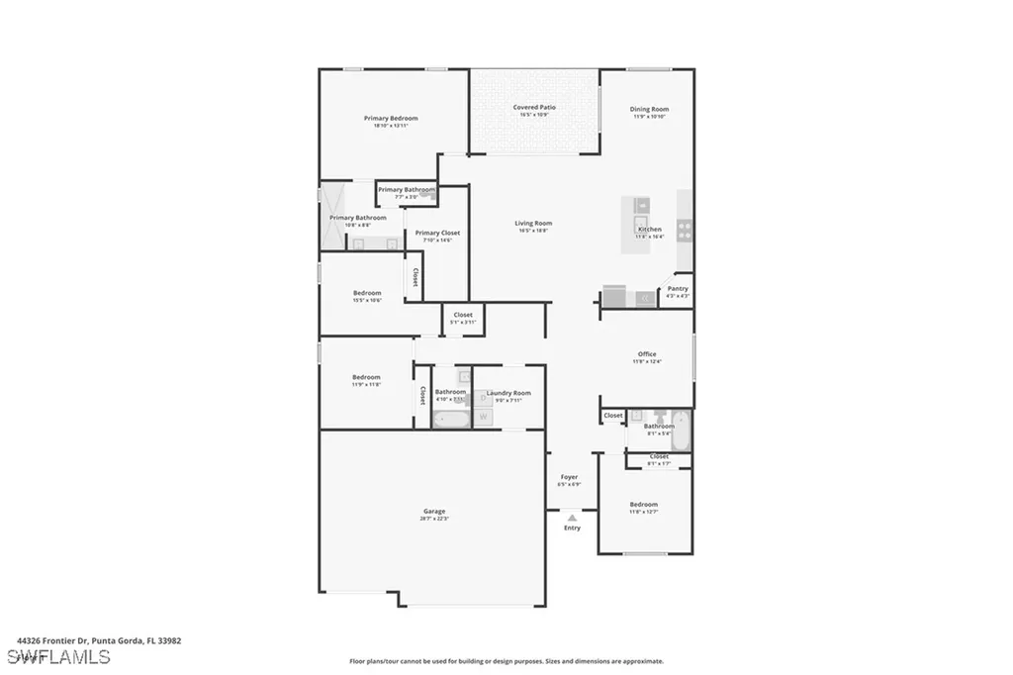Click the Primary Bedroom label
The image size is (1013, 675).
pyautogui.click(x=390, y=118)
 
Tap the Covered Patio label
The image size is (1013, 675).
pyautogui.click(x=534, y=107)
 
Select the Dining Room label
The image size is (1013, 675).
pyautogui.click(x=650, y=109)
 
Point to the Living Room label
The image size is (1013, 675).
pyautogui.click(x=533, y=224)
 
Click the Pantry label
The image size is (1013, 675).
pyautogui.click(x=678, y=289)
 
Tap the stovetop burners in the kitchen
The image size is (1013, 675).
pyautogui.click(x=684, y=231)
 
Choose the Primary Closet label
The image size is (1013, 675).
pyautogui.click(x=437, y=233)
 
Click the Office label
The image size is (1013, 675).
pyautogui.click(x=647, y=353)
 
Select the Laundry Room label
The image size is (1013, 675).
pyautogui.click(x=508, y=393)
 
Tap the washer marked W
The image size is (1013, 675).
pyautogui.click(x=484, y=417)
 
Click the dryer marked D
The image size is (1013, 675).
pyautogui.click(x=484, y=398)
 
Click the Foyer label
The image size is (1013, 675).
pyautogui.click(x=570, y=477)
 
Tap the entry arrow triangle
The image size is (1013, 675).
pyautogui.click(x=572, y=517)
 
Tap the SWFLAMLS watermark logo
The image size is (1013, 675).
pyautogui.click(x=58, y=657)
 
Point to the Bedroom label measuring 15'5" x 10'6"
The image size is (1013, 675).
pyautogui.click(x=367, y=292)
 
